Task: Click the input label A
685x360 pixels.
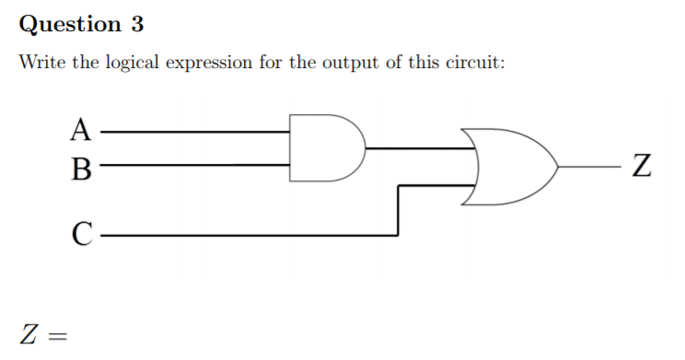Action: pos(82,131)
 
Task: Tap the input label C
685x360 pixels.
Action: pos(82,235)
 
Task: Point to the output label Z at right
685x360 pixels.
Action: pos(643,168)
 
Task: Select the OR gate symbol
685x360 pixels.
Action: pos(511,167)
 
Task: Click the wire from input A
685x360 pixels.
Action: pos(193,132)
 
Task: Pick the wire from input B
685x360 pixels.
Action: pos(193,166)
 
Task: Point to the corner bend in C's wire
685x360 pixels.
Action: pos(398,235)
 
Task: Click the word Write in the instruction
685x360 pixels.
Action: pos(39,64)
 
